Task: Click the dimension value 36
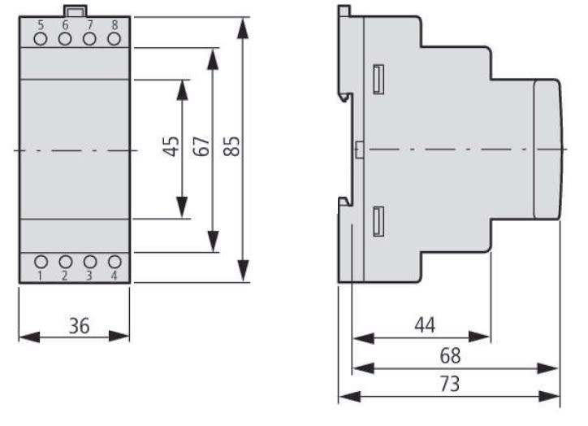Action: point(78,326)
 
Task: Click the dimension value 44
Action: point(425,325)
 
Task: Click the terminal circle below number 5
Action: point(41,38)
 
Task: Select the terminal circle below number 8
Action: point(114,38)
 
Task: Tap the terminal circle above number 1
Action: point(41,262)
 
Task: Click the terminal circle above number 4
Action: point(115,262)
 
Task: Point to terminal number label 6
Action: point(65,24)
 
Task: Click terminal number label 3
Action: point(90,276)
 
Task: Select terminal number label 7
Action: point(89,24)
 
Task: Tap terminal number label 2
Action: point(65,276)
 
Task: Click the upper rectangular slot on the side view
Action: point(378,79)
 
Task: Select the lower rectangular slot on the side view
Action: point(378,221)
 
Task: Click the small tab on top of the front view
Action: point(76,11)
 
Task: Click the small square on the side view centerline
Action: point(359,149)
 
